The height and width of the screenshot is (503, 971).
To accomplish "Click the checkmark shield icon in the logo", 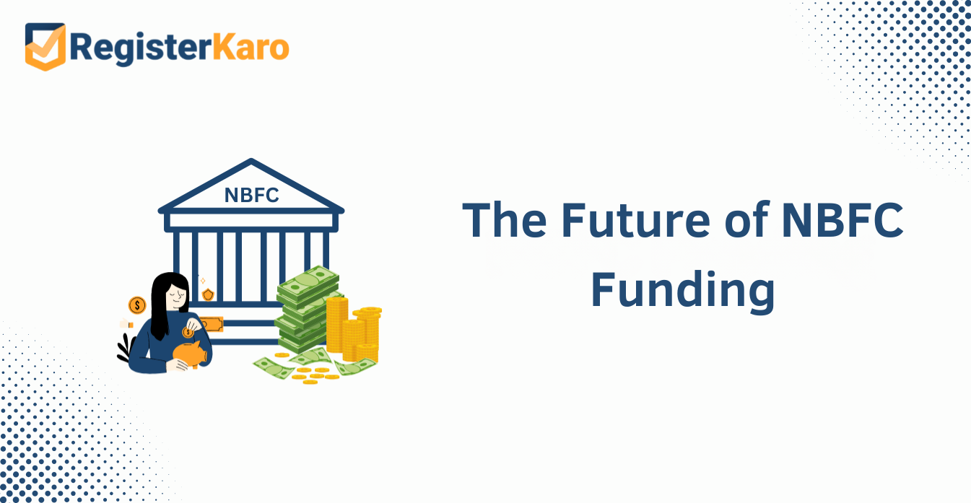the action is tap(45, 46).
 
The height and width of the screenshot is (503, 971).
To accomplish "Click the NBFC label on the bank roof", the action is tap(251, 195).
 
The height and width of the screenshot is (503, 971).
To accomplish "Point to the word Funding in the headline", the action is tap(683, 290).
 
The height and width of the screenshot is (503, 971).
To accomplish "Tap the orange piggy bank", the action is tap(190, 354).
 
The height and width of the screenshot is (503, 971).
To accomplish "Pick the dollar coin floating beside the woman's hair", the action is tap(137, 305).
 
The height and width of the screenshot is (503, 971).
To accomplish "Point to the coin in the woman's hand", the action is tap(188, 332).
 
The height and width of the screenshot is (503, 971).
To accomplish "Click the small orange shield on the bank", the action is tap(208, 294).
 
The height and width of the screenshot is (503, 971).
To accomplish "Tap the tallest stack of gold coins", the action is tap(337, 324).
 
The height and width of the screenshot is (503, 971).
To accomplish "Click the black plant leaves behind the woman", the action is tap(126, 348).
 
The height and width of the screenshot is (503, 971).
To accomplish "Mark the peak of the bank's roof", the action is tap(251, 159).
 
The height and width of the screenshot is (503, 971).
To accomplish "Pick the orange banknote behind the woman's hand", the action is tap(212, 324).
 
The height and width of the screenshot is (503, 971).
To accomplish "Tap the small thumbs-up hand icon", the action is tap(126, 323).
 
